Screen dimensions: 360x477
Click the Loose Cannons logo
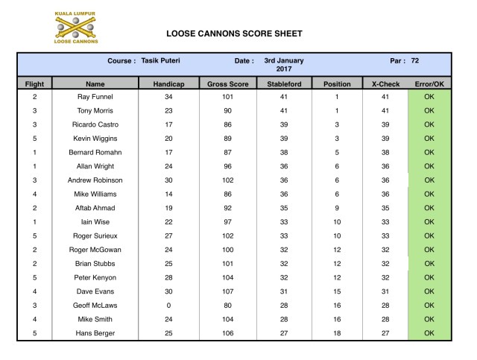pyautogui.click(x=76, y=27)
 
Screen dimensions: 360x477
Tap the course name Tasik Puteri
pyautogui.click(x=162, y=60)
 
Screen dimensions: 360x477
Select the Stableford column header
pyautogui.click(x=283, y=84)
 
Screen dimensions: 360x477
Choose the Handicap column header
pyautogui.click(x=168, y=84)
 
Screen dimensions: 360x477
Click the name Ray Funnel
pyautogui.click(x=95, y=97)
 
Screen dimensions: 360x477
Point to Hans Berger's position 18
pyautogui.click(x=336, y=332)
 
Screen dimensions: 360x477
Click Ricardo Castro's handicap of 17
pyautogui.click(x=168, y=124)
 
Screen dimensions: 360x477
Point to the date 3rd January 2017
pyautogui.click(x=283, y=64)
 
